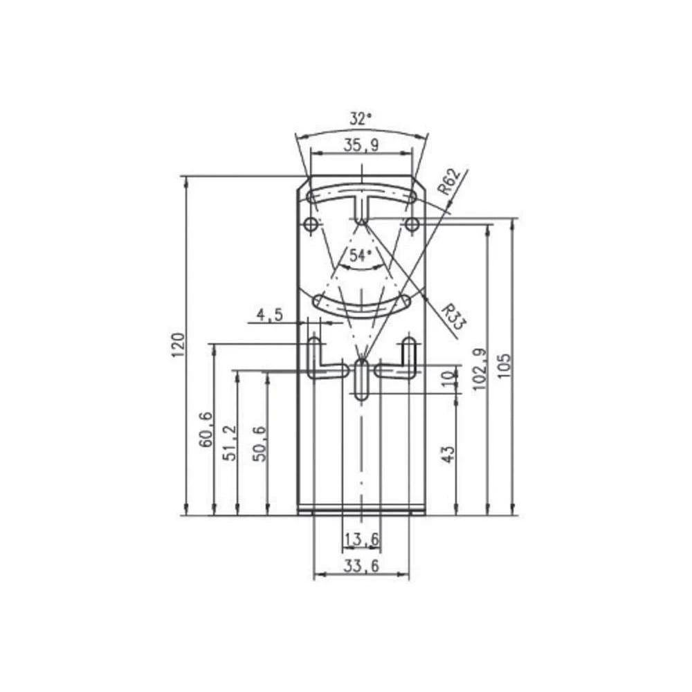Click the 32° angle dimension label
click(361, 119)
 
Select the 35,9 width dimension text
click(361, 145)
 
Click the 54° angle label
click(361, 255)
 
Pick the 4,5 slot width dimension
click(269, 316)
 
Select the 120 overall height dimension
click(179, 345)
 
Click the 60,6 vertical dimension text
click(206, 429)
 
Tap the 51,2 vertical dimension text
click(230, 443)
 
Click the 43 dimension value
click(448, 454)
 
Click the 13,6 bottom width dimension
click(361, 538)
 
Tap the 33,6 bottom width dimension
click(361, 566)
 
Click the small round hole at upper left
click(311, 224)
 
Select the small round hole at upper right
click(412, 224)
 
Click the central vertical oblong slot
click(361, 378)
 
